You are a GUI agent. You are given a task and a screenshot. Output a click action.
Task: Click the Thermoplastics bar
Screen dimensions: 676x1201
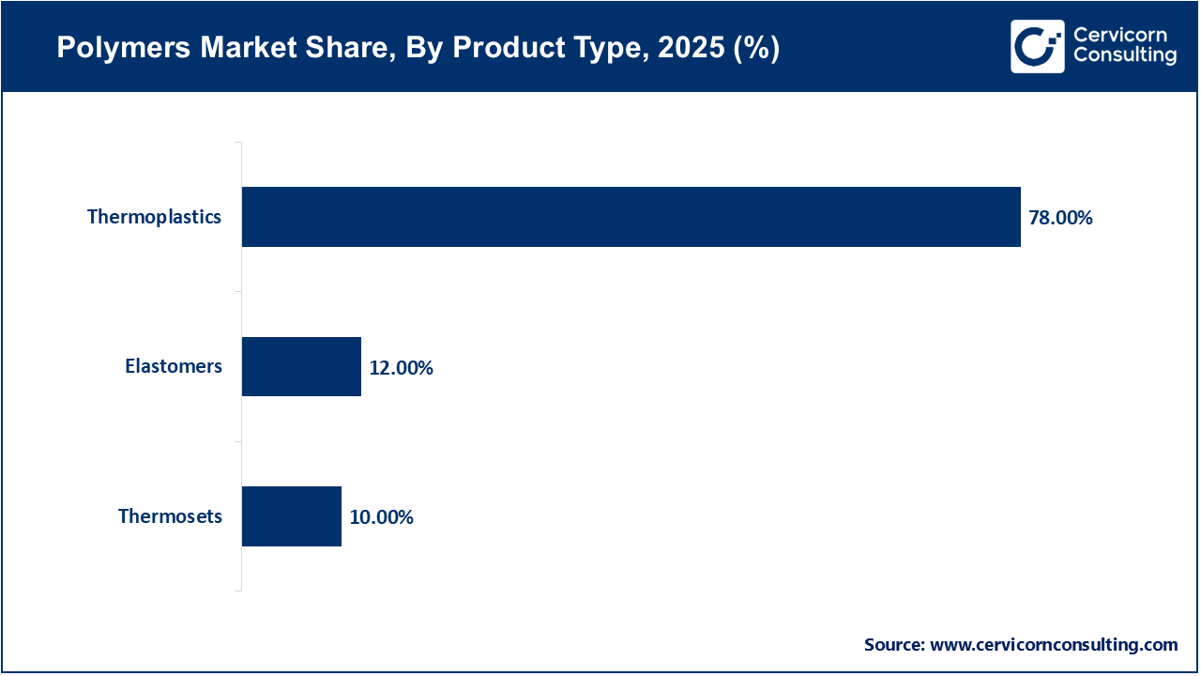pyautogui.click(x=631, y=217)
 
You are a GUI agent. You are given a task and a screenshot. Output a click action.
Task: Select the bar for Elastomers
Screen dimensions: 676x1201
pyautogui.click(x=301, y=366)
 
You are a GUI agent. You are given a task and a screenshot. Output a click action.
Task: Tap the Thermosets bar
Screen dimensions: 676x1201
pyautogui.click(x=291, y=516)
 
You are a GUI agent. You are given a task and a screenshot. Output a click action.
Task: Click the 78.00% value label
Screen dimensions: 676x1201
pyautogui.click(x=1061, y=218)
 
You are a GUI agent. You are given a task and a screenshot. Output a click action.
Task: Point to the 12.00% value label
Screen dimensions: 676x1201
pyautogui.click(x=401, y=367)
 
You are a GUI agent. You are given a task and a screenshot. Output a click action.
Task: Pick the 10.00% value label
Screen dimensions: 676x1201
pyautogui.click(x=381, y=517)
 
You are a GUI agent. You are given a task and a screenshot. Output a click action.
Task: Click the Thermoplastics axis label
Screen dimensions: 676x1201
pyautogui.click(x=154, y=217)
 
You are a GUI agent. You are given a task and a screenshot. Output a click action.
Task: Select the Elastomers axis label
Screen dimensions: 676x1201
pyautogui.click(x=174, y=366)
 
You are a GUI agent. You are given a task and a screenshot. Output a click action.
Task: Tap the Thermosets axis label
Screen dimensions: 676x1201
pyautogui.click(x=170, y=516)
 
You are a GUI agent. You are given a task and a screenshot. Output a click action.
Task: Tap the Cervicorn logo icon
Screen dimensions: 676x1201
pyautogui.click(x=1037, y=46)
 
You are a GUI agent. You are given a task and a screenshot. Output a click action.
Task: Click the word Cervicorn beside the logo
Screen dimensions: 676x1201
pyautogui.click(x=1119, y=35)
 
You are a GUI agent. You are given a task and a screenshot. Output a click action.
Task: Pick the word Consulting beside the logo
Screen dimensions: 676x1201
pyautogui.click(x=1124, y=56)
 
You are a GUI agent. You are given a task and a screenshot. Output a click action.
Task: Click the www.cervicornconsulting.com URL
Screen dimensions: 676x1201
pyautogui.click(x=1054, y=645)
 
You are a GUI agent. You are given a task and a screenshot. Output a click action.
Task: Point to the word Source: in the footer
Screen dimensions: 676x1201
pyautogui.click(x=894, y=645)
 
